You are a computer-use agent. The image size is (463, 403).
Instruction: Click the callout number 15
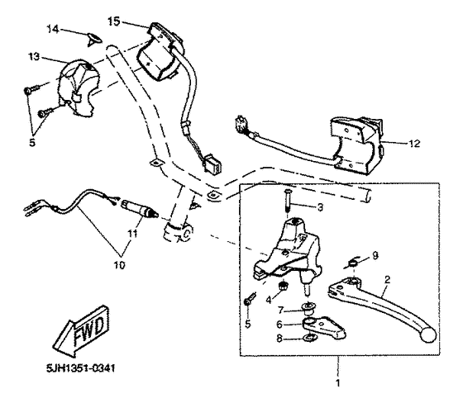114,20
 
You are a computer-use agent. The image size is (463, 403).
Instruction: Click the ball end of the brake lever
427,334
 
